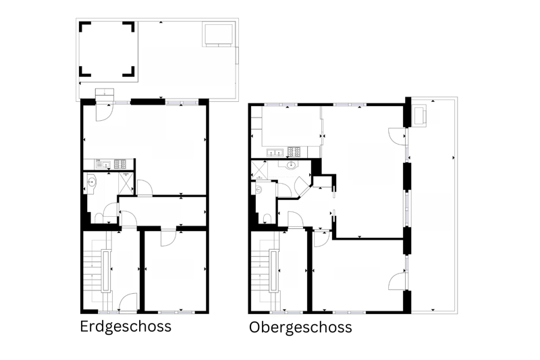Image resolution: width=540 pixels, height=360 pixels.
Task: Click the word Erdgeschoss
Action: pos(126,327)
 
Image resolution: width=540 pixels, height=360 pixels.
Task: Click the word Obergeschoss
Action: pos(300,328)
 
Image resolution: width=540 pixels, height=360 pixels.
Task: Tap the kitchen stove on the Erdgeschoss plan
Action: pos(120,164)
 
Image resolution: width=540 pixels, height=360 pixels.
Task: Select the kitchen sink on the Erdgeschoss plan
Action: pos(103,164)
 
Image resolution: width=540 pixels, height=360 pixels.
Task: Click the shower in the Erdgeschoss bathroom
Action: pos(126,182)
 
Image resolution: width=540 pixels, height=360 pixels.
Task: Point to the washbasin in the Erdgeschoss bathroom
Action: pos(92,182)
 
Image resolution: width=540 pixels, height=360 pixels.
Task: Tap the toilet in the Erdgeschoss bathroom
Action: pos(99,218)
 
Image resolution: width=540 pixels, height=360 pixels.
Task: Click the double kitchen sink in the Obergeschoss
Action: pos(275,152)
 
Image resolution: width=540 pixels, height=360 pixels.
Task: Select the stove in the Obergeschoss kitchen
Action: pos(294,152)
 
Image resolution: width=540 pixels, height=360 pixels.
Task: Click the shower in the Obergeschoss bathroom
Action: pos(259,170)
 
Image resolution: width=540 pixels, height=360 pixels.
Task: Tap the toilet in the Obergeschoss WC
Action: pos(267,218)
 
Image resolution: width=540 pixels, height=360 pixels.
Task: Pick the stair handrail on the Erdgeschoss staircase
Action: pos(107,272)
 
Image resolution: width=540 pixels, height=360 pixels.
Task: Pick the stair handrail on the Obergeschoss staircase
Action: pos(274,272)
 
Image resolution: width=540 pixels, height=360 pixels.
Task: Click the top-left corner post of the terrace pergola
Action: pos(85,26)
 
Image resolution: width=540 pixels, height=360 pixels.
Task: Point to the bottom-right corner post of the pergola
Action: pos(129,72)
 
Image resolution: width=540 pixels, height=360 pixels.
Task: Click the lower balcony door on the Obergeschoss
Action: pos(398,280)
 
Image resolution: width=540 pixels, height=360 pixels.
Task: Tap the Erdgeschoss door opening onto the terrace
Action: pos(104,111)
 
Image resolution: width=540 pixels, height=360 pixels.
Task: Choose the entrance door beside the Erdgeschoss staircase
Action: pos(127,302)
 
